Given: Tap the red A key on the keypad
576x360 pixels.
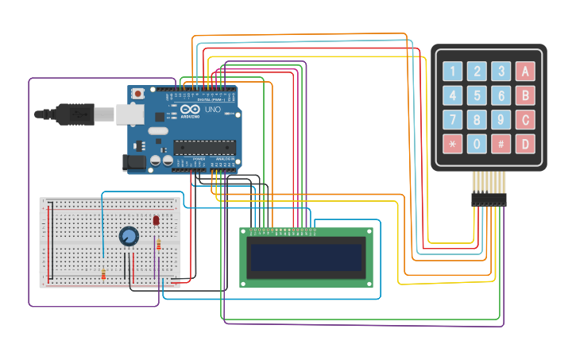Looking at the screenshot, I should (x=524, y=72).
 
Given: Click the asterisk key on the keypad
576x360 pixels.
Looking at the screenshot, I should (x=453, y=144).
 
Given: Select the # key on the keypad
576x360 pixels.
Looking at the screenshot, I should (x=501, y=144).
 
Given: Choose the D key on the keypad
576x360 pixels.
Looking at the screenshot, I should (x=524, y=144).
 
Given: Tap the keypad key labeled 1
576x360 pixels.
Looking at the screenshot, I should (x=453, y=72).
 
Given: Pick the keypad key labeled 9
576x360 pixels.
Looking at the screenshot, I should (x=501, y=120).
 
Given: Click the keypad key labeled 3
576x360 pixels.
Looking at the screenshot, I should (x=501, y=72).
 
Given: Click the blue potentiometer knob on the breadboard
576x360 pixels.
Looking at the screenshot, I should (x=129, y=236).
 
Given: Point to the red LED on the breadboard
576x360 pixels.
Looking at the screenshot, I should (x=157, y=219).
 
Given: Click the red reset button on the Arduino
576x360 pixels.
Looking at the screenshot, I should (x=138, y=94).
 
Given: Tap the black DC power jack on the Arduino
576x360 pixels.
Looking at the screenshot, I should (x=135, y=163).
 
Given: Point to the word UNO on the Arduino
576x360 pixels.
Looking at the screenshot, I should (x=213, y=110).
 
